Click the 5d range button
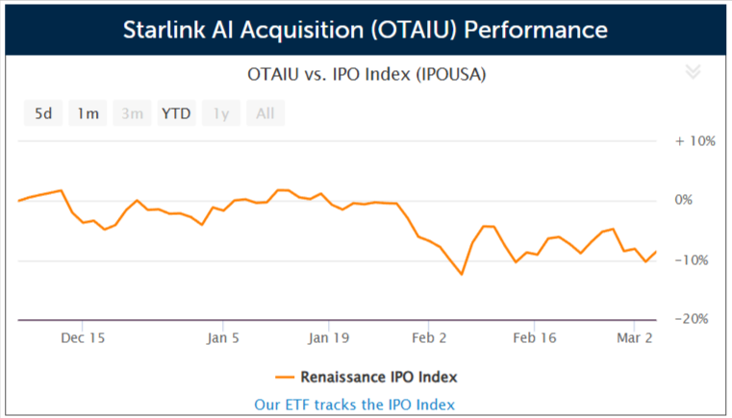[x=43, y=113]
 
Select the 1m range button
[x=88, y=113]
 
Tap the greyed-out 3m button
[x=132, y=113]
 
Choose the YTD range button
[x=176, y=113]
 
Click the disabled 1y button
[x=221, y=113]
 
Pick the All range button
[x=265, y=113]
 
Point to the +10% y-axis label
[x=694, y=140]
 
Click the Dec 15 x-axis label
[x=83, y=338]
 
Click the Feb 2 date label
[x=429, y=338]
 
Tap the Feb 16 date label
[x=536, y=338]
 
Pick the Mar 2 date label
[x=634, y=338]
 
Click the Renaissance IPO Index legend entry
[x=366, y=376]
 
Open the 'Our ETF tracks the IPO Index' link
[x=354, y=405]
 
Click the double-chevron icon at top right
[x=693, y=72]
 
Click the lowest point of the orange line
[x=462, y=275]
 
